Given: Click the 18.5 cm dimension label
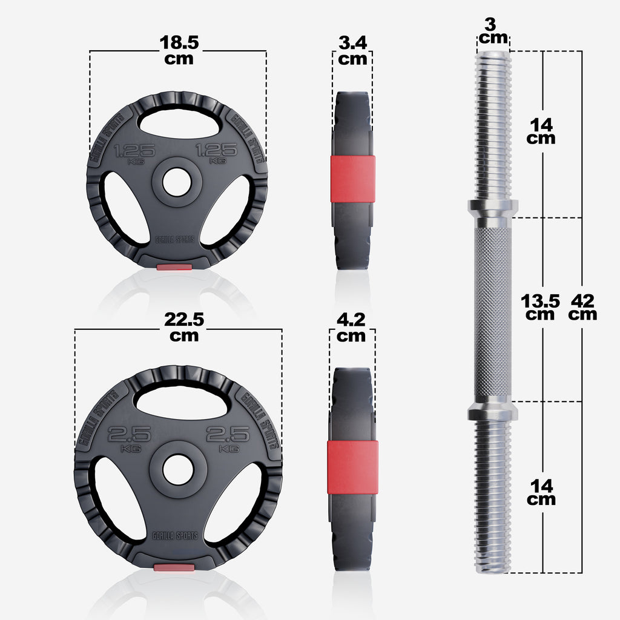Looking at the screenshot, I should (x=179, y=50).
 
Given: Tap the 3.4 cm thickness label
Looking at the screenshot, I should (x=352, y=50).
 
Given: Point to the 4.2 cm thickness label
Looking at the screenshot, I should (x=352, y=327).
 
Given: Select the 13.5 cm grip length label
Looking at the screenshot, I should (x=540, y=306).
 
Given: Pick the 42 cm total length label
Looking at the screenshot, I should (x=582, y=306).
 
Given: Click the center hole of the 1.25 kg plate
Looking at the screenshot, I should (x=176, y=184).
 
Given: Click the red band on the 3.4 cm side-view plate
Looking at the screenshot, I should (x=352, y=179).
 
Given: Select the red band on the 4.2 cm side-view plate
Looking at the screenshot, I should (x=352, y=467).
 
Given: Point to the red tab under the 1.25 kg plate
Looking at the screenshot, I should (x=174, y=266).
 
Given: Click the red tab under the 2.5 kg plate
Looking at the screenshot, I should (x=174, y=567).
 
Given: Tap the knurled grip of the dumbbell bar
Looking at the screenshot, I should (x=492, y=309).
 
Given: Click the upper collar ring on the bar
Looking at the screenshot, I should (x=492, y=208).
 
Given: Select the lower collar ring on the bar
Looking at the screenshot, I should (x=492, y=412).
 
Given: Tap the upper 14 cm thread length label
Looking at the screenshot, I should (x=541, y=131).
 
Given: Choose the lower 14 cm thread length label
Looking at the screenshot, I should (x=541, y=492).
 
